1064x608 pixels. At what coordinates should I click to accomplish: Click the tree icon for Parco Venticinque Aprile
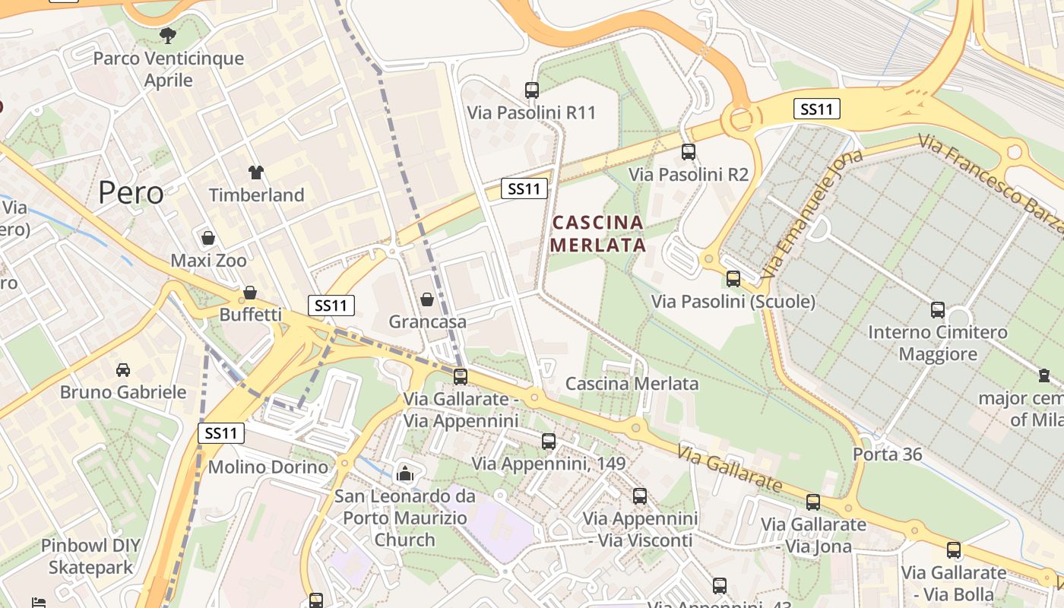pos(168,35)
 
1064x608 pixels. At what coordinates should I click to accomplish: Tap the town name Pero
pos(131,193)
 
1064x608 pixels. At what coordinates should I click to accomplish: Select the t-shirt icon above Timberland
pos(255,173)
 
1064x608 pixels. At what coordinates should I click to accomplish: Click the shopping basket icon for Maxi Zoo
pos(207,238)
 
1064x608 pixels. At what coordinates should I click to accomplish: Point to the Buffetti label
pos(250,315)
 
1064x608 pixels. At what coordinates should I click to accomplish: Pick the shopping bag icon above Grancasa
pos(427,299)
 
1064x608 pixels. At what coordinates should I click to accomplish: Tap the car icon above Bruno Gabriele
pos(122,369)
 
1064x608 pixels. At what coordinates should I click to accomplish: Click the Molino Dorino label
pos(268,467)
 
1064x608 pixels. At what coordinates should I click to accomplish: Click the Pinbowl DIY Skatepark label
pos(90,556)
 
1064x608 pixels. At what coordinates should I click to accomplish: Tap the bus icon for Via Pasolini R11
pos(531,90)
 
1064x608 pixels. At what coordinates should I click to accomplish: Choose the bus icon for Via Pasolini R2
pos(688,151)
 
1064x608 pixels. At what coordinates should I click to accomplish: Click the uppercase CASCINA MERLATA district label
pos(598,233)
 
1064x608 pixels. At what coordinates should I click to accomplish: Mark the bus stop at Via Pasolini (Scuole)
pos(733,278)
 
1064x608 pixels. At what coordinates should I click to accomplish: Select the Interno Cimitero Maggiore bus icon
pos(938,309)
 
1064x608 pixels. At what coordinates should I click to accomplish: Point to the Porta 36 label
pos(887,454)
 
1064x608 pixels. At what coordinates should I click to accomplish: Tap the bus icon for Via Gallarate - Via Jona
pos(813,502)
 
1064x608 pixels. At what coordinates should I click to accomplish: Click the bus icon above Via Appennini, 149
pos(548,441)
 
